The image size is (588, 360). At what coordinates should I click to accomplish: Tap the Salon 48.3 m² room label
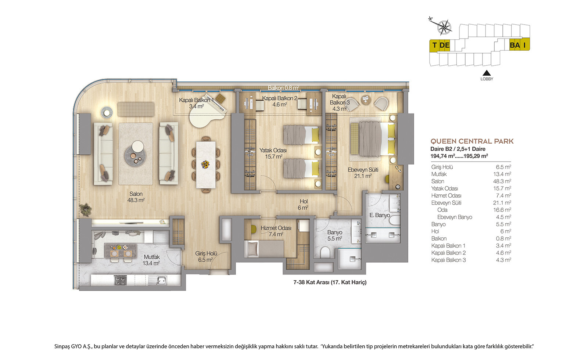[136, 197]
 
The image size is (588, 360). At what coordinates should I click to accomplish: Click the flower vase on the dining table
[205, 165]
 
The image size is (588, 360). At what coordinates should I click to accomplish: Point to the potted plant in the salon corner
[86, 209]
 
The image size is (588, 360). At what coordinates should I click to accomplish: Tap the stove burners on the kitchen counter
[121, 280]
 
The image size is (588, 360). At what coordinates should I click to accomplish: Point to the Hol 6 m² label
[304, 204]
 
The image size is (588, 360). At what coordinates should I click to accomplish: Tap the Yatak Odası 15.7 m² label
[273, 154]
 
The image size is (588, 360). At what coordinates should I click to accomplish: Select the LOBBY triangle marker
[487, 73]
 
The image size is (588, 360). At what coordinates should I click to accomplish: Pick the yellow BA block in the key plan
[515, 45]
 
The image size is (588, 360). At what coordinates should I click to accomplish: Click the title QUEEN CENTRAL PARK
[472, 141]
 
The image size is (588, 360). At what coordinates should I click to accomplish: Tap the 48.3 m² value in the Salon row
[502, 181]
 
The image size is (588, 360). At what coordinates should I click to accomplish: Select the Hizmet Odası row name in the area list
[446, 196]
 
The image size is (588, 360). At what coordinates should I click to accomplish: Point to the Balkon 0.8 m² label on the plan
[283, 88]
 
